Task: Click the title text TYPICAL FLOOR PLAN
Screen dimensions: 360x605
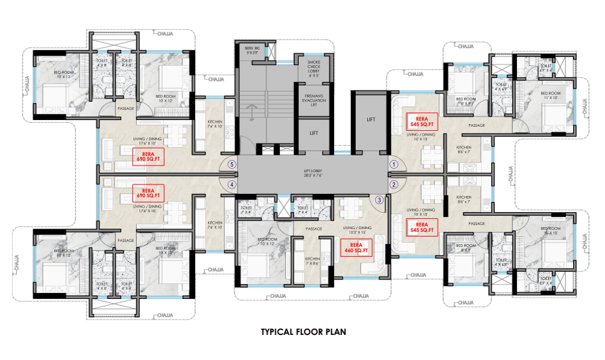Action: click(303, 333)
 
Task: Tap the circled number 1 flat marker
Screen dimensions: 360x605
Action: click(394, 164)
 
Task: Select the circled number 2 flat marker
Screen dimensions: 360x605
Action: click(394, 184)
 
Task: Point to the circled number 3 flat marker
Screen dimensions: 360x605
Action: click(379, 200)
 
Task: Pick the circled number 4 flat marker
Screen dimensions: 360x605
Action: click(232, 184)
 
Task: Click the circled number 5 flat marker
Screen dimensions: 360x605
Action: click(232, 164)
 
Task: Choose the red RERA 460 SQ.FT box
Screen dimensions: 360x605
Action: click(354, 247)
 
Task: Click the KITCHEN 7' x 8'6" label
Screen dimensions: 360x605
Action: click(312, 261)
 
